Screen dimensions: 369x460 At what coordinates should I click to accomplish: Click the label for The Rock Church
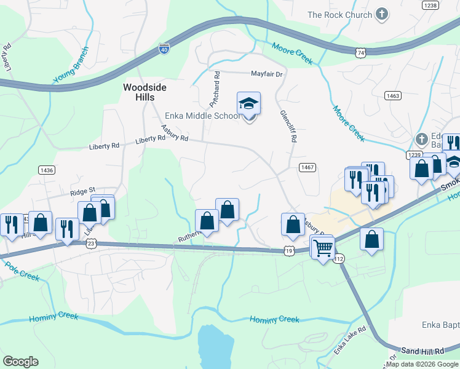[x=339, y=15]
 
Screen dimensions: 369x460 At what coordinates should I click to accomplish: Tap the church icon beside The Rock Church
[x=382, y=14]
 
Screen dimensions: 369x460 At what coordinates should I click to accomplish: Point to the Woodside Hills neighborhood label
[x=145, y=92]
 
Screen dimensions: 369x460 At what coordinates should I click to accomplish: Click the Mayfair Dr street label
[x=266, y=74]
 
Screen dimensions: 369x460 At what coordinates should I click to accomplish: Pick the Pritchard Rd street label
[x=216, y=89]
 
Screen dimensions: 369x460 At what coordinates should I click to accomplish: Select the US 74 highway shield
[x=360, y=54]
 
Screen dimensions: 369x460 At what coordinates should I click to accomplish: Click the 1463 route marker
[x=393, y=95]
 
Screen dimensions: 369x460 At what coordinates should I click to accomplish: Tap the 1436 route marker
[x=46, y=170]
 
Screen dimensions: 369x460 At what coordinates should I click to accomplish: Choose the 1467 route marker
[x=308, y=167]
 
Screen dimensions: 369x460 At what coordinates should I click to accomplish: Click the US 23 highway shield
[x=91, y=244]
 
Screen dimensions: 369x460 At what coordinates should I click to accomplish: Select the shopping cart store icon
[x=322, y=248]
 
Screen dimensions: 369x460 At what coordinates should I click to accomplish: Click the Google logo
[x=20, y=362]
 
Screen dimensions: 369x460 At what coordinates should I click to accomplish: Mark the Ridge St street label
[x=83, y=191]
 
